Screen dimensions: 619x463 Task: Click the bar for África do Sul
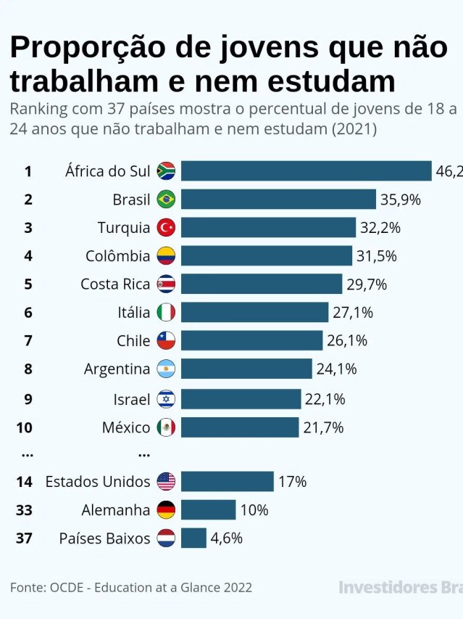(x=306, y=171)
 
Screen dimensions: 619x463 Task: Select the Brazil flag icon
(x=166, y=200)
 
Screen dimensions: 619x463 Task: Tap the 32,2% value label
(x=380, y=228)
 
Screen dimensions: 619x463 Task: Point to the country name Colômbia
(x=118, y=256)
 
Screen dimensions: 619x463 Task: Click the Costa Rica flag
(x=166, y=284)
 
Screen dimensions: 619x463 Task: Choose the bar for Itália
(x=254, y=313)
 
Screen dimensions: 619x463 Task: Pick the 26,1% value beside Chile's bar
(x=347, y=341)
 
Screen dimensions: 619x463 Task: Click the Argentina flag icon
(x=166, y=369)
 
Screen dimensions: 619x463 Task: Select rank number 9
(x=28, y=399)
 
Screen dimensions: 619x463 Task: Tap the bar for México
(x=240, y=427)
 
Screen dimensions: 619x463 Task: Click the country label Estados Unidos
(x=98, y=482)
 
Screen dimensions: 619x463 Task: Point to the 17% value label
(x=292, y=482)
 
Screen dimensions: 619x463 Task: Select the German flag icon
(x=166, y=510)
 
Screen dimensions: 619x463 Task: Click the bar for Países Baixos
(x=193, y=538)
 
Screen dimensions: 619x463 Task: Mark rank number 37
(x=24, y=538)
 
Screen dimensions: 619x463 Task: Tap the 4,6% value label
(x=226, y=538)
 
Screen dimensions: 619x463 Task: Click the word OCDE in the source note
(x=68, y=587)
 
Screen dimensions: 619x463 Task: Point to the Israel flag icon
(x=166, y=399)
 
